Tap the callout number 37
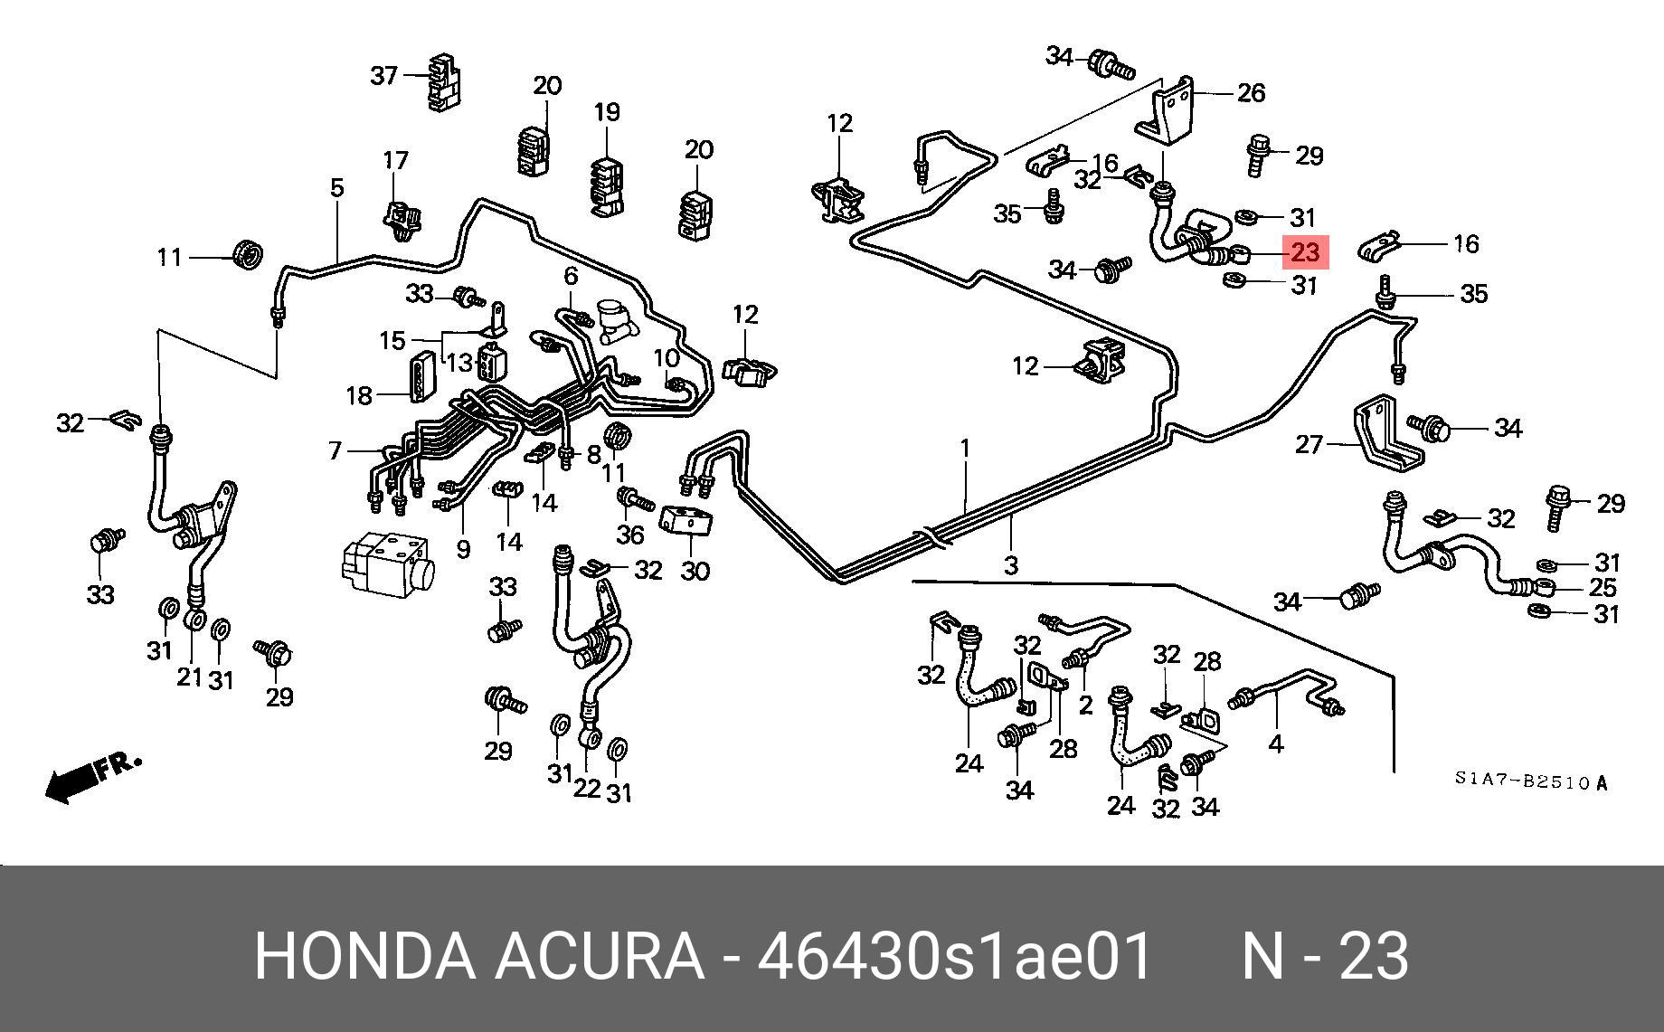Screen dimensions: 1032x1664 [x=384, y=74]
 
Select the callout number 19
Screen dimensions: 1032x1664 [x=607, y=112]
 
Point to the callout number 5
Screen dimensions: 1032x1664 [x=337, y=188]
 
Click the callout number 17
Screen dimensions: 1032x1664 [x=395, y=161]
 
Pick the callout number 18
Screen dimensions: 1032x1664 [x=359, y=395]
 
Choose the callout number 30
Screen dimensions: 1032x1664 [x=695, y=571]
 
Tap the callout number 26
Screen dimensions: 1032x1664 [x=1251, y=92]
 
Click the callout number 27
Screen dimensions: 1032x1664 [x=1309, y=444]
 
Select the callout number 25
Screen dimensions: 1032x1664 [x=1603, y=588]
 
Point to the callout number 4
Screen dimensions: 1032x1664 [x=1276, y=744]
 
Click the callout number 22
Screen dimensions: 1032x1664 [x=587, y=788]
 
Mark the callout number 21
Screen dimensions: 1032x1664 [x=189, y=676]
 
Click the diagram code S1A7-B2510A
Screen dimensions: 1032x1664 [x=1531, y=782]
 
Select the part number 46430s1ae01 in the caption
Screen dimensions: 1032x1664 [x=955, y=956]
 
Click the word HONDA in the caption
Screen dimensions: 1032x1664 [x=364, y=956]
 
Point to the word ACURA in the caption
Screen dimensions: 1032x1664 [x=599, y=956]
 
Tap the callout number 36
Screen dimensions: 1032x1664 [x=629, y=535]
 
